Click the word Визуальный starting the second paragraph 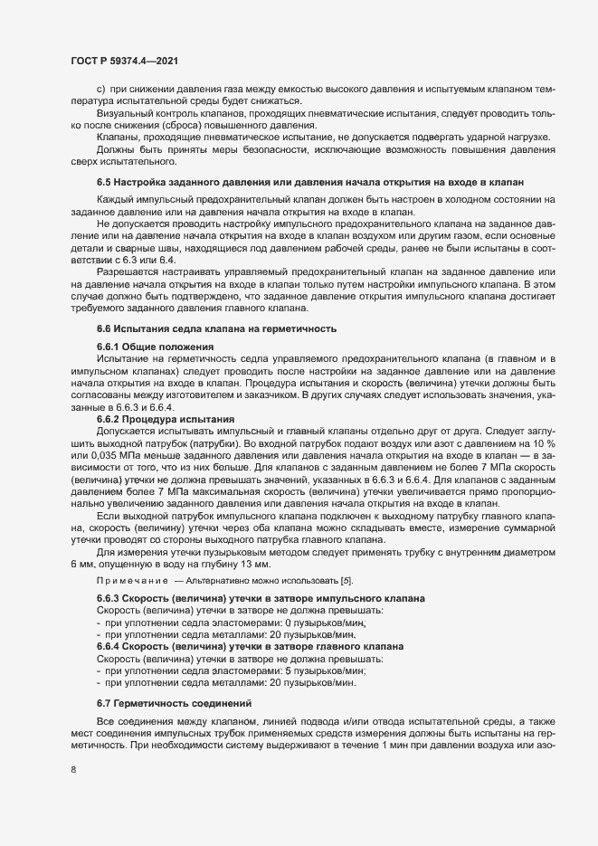click(120, 115)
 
